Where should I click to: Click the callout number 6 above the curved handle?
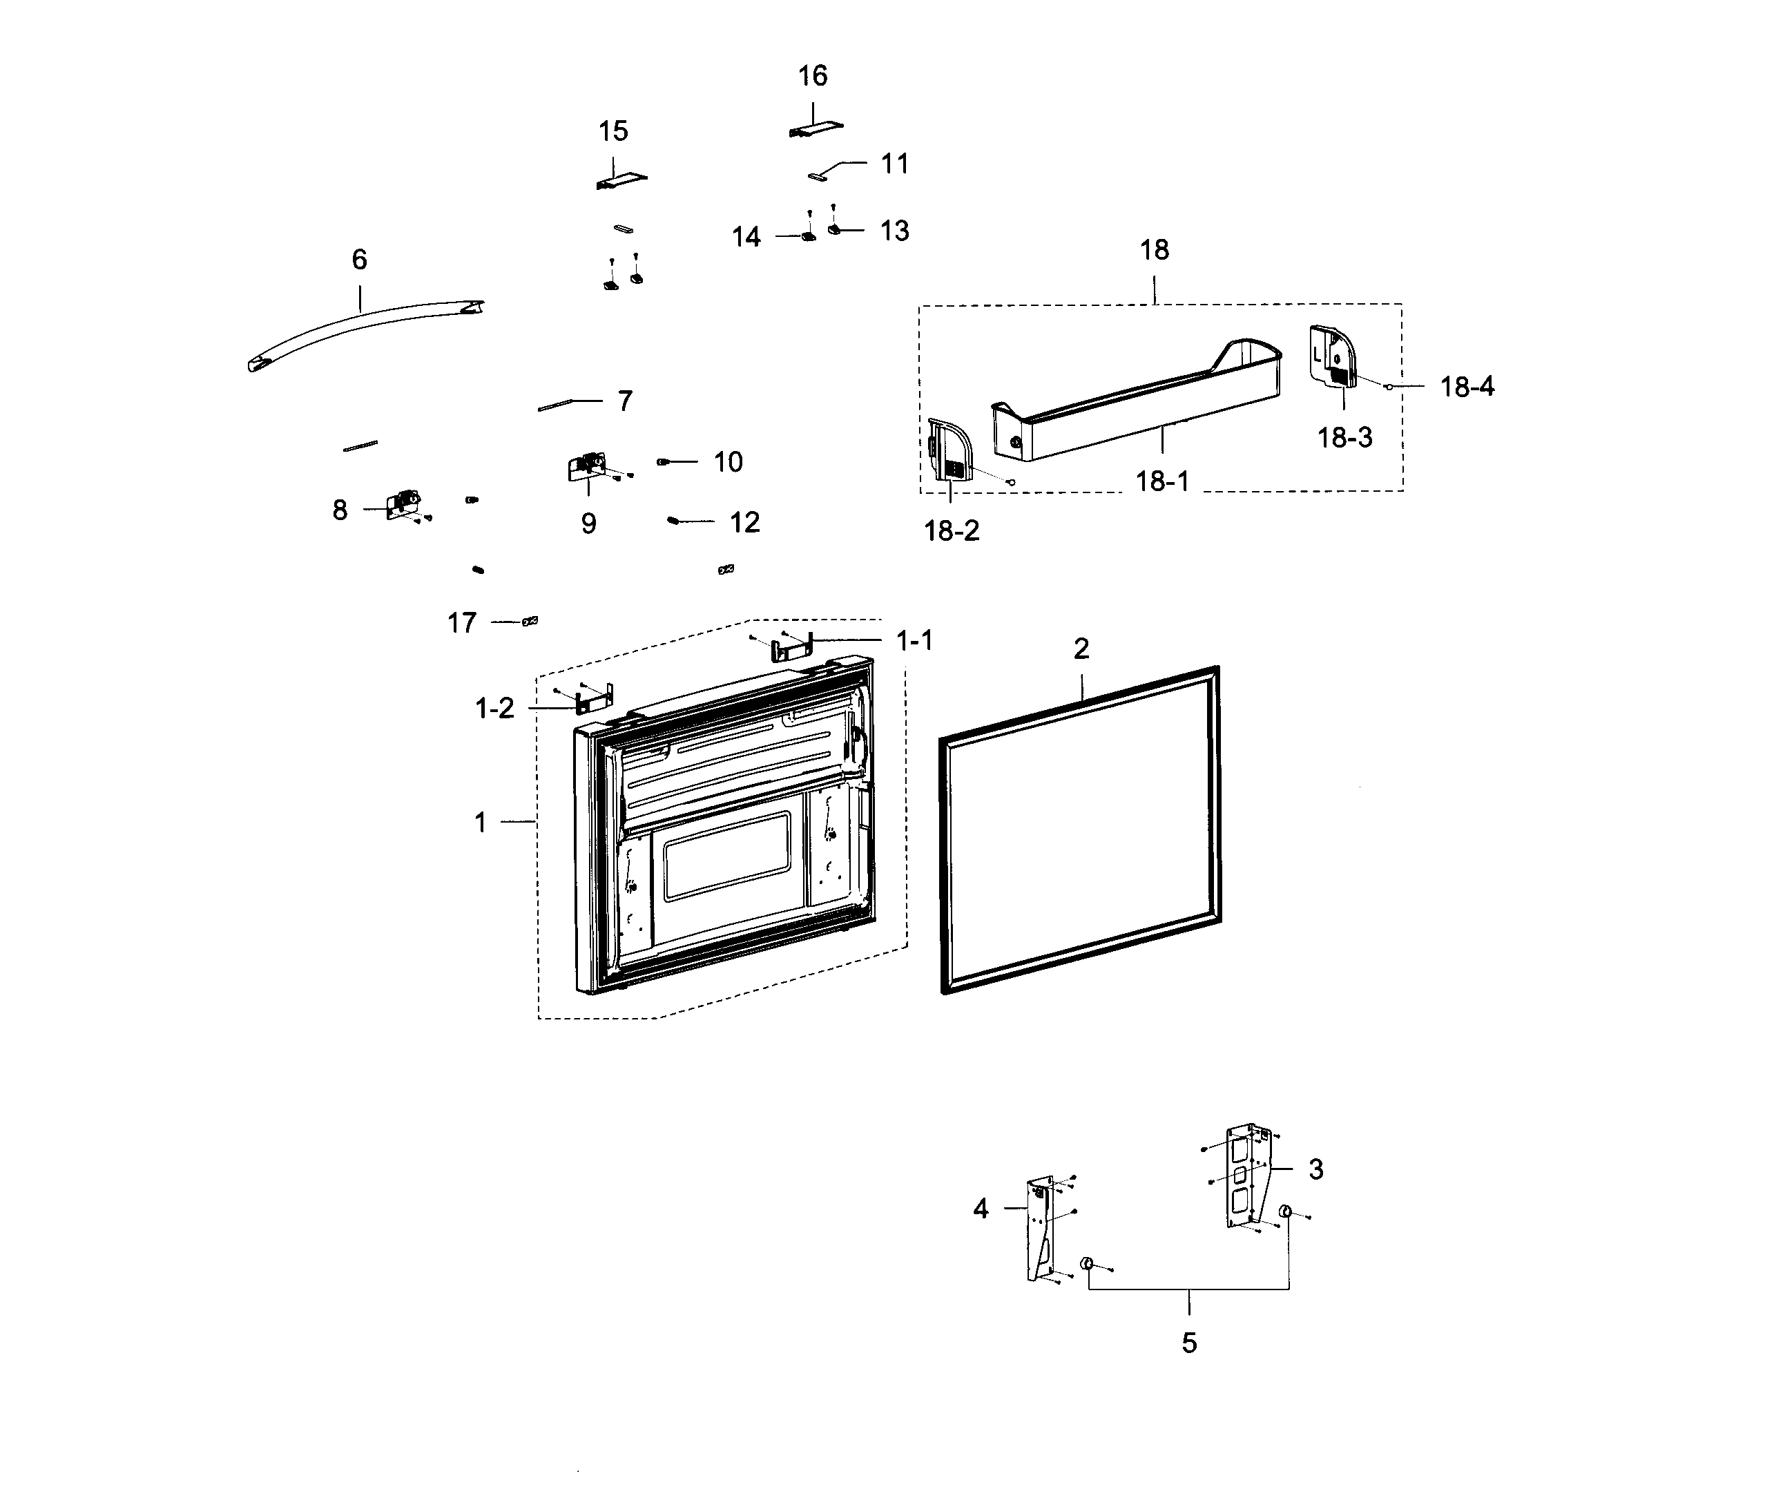[x=360, y=260]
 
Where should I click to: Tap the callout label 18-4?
[x=1467, y=387]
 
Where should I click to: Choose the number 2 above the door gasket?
[x=1081, y=649]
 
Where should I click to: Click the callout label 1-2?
[x=494, y=708]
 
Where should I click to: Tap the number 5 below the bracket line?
[x=1188, y=1343]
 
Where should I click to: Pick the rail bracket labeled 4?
[x=1040, y=1229]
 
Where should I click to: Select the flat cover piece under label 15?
[x=621, y=181]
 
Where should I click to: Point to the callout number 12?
[x=744, y=522]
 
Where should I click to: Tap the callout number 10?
[x=727, y=462]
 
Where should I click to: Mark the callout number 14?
[x=746, y=238]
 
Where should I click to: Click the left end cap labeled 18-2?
[x=948, y=450]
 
